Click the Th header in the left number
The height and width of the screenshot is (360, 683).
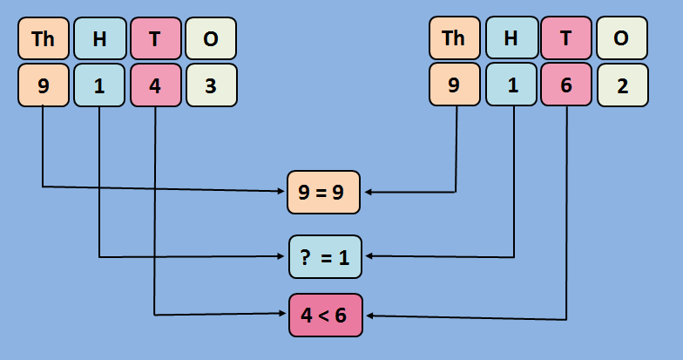tap(44, 38)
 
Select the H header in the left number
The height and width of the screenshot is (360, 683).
tap(99, 38)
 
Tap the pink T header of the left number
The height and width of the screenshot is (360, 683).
tap(155, 38)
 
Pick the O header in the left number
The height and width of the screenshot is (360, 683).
tap(211, 38)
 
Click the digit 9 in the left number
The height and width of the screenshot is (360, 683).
tap(44, 85)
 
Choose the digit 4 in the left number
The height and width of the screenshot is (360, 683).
tap(155, 85)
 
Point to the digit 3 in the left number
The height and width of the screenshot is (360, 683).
tap(211, 85)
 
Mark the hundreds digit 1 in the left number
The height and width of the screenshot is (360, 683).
tap(99, 85)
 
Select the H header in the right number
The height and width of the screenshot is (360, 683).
tap(511, 38)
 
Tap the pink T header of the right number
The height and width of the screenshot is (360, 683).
tap(566, 38)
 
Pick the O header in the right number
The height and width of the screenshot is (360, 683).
tap(622, 38)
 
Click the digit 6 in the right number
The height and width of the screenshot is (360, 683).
tap(566, 85)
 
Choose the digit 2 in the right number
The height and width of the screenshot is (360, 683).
tap(622, 85)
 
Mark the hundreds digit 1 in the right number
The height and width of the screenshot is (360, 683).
tap(511, 85)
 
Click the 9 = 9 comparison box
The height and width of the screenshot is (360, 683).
tap(324, 193)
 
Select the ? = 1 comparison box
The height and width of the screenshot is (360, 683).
tap(324, 256)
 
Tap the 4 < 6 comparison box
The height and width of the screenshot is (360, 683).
tap(324, 316)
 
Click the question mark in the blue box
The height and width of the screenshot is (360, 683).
tap(306, 256)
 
